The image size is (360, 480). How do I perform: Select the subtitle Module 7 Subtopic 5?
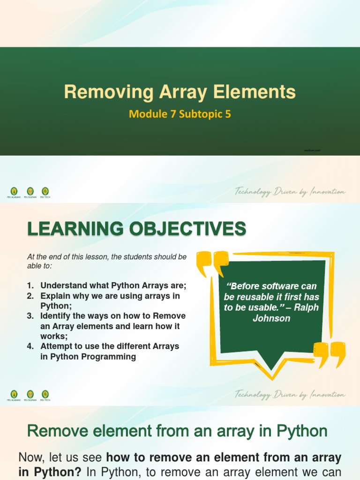point(180,114)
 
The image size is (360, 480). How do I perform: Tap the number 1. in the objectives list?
point(30,285)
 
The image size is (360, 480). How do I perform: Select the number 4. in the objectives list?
point(30,346)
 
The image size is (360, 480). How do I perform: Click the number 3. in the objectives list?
point(30,316)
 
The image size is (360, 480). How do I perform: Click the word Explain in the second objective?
point(54,296)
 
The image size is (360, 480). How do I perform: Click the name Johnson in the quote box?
point(271,319)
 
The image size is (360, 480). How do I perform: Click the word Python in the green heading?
point(301,431)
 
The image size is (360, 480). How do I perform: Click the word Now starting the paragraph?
point(31,457)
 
